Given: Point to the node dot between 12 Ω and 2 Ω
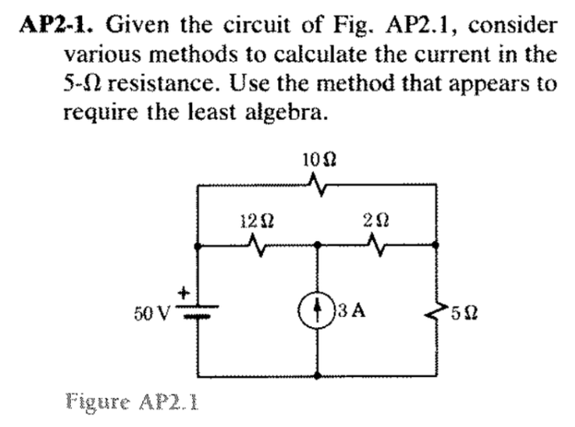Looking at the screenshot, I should tap(319, 245).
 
